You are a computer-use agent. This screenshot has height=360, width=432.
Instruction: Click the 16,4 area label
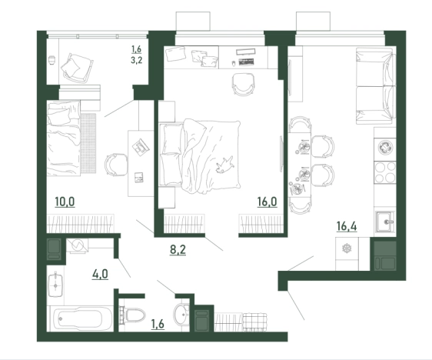click(347, 227)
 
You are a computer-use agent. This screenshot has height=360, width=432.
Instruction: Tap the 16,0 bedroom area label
click(267, 202)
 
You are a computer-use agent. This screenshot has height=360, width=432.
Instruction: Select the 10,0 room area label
click(65, 202)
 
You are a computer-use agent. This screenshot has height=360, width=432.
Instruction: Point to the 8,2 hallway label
click(178, 250)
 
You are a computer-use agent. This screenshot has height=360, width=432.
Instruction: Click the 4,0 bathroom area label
click(100, 275)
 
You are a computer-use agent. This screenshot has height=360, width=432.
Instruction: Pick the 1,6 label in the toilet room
click(158, 324)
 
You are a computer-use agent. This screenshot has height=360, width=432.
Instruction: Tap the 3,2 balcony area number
click(136, 60)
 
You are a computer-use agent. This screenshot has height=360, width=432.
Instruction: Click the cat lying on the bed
click(225, 165)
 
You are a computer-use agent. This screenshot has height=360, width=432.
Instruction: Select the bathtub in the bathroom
click(80, 318)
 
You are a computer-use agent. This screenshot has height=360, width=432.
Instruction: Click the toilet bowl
click(133, 315)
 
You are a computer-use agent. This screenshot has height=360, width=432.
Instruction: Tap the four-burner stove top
click(385, 172)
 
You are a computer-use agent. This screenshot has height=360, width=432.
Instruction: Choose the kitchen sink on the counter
click(385, 222)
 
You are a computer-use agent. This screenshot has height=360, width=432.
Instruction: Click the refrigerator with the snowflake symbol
click(347, 254)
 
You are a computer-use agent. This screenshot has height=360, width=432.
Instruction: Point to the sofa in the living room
click(374, 86)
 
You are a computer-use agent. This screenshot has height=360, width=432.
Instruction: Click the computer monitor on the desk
click(245, 52)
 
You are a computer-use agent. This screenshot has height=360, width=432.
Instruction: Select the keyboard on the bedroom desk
click(246, 62)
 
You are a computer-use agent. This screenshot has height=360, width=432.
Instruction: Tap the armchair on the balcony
click(77, 68)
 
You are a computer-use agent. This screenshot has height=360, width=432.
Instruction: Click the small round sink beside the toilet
click(181, 315)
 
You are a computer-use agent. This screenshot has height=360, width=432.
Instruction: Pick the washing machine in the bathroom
click(78, 245)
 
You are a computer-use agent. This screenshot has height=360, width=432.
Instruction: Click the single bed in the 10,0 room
click(64, 138)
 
